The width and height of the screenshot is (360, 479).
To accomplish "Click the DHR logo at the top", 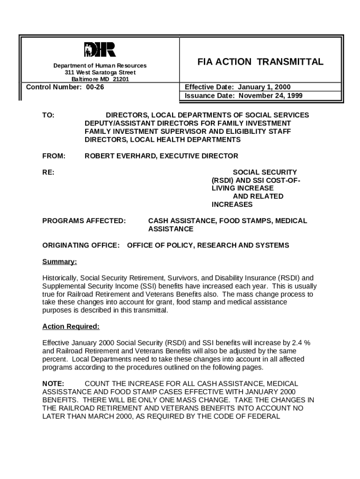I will (x=100, y=49).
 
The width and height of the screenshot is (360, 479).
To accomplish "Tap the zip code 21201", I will (x=120, y=80).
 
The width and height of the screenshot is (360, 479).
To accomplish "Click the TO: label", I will (x=48, y=115).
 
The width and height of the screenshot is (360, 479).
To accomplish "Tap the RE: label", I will (x=48, y=172).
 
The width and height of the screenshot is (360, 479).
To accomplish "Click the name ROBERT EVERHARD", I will (x=120, y=156).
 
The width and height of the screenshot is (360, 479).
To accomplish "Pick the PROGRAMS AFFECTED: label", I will (x=84, y=220).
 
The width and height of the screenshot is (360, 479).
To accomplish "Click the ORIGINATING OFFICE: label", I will (x=81, y=245).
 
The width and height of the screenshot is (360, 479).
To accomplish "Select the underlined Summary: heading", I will (x=59, y=261).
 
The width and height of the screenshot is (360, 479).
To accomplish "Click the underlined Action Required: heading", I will (x=71, y=326).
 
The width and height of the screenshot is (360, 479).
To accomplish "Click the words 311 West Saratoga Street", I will (x=100, y=73).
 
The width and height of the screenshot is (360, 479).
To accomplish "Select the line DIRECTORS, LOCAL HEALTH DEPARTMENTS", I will (x=162, y=139).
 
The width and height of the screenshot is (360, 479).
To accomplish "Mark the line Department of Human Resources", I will (x=100, y=65).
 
